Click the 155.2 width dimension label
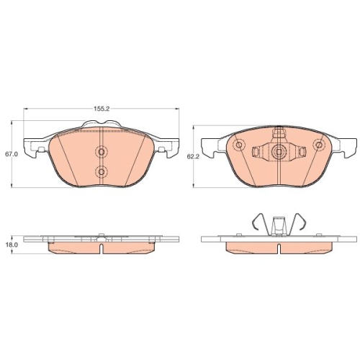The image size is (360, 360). click(102, 109)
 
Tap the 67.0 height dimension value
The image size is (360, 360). click(12, 154)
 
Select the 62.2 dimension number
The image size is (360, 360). click(193, 156)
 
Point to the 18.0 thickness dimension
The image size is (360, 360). click(12, 245)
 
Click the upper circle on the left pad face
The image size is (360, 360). click(102, 151)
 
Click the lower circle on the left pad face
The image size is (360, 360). click(102, 171)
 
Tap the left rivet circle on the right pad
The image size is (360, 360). click(239, 145)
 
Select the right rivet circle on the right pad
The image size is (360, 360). click(319, 145)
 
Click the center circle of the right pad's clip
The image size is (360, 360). click(279, 152)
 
